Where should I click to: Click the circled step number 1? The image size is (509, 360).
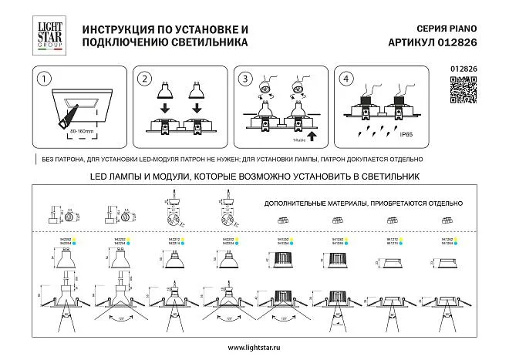[47, 79]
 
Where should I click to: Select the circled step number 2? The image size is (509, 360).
[143, 79]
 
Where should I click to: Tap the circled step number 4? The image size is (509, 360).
[346, 79]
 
